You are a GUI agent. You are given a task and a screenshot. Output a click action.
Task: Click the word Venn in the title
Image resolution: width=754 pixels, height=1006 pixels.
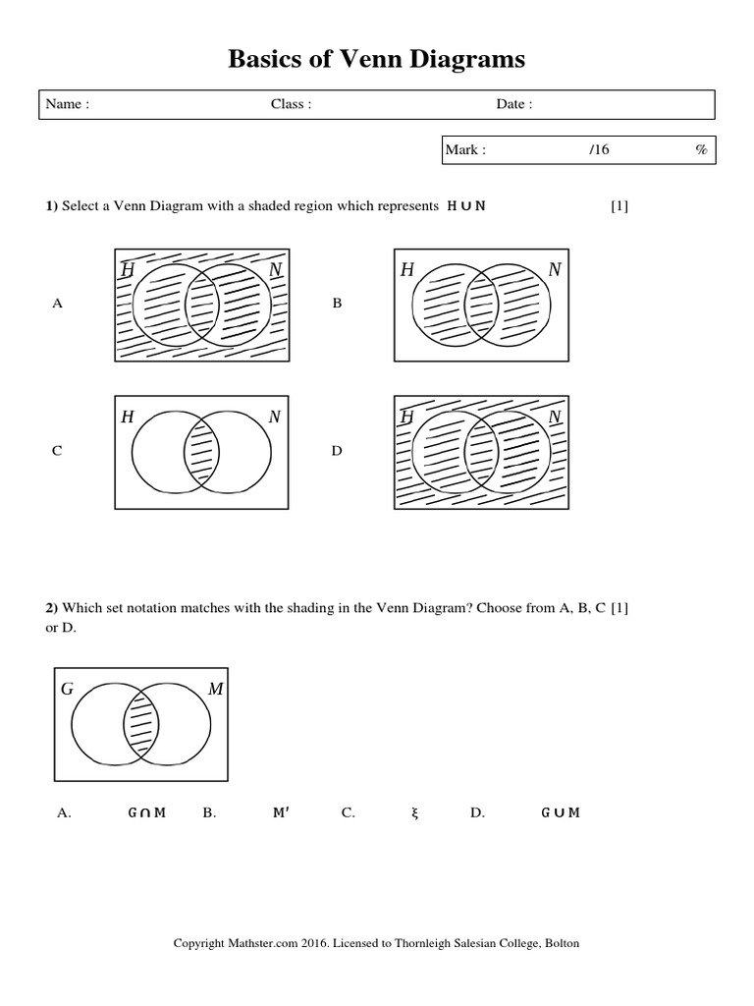[x=345, y=60]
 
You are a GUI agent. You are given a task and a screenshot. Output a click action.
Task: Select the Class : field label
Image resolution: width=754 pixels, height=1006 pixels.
[x=291, y=105]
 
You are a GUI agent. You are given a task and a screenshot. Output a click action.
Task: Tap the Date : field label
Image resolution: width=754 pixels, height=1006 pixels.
[x=513, y=105]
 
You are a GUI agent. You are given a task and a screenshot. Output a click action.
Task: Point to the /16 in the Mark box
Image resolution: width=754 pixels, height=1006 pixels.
[x=599, y=150]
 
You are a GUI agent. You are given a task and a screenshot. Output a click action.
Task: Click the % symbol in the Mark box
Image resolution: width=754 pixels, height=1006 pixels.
[x=701, y=150]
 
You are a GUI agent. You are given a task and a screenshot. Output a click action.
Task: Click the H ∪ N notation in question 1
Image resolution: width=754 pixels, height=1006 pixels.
[x=466, y=206]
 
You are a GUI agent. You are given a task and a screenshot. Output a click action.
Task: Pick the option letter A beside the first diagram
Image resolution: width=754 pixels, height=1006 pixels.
[x=57, y=305]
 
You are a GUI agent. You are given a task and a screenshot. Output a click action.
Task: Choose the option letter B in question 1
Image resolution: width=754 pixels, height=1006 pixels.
[x=337, y=305]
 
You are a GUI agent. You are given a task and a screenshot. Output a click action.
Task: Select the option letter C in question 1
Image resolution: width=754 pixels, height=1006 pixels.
[x=57, y=452]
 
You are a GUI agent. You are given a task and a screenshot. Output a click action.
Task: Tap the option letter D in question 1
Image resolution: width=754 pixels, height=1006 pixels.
[x=337, y=452]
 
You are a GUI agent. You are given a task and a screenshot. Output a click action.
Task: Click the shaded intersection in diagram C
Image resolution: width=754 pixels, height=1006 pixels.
[x=201, y=452]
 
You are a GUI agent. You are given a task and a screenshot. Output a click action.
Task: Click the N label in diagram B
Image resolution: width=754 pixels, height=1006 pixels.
[x=555, y=269]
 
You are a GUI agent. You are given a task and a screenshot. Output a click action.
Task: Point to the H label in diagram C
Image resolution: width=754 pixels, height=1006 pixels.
[x=128, y=418]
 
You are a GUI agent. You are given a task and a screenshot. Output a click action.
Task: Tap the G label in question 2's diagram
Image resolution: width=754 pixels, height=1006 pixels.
[x=68, y=689]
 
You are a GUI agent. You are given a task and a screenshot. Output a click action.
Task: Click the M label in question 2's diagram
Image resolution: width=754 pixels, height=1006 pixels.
[x=215, y=689]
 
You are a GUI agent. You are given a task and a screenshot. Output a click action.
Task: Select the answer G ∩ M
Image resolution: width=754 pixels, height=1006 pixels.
[x=147, y=812]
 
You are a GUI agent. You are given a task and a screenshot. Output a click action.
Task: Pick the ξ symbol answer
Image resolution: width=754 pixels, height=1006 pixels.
[x=415, y=812]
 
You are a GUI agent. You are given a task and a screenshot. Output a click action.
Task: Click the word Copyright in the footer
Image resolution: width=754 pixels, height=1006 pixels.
[x=200, y=944]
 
